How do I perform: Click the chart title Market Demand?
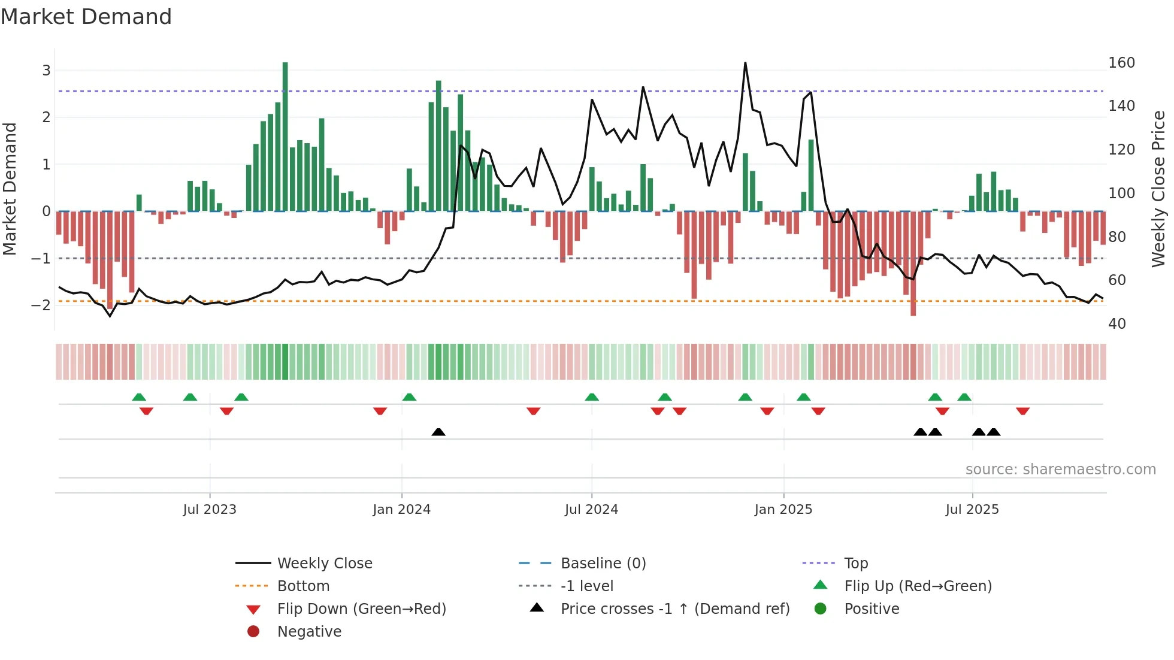tap(86, 17)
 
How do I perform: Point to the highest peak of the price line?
tap(745, 63)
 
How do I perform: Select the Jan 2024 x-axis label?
tap(401, 510)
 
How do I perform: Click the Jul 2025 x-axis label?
tap(972, 510)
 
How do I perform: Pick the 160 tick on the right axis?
tap(1121, 63)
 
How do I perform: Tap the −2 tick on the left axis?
tap(41, 305)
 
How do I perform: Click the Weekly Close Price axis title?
tap(1158, 189)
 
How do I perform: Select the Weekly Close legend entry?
tap(324, 564)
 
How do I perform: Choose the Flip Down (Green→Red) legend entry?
tap(361, 609)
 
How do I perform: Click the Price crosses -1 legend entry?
tap(674, 609)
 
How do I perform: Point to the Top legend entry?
tap(855, 564)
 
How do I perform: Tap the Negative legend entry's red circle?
tap(253, 632)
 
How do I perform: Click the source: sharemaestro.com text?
tap(1060, 470)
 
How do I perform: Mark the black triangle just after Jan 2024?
tap(438, 432)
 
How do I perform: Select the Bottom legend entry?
tap(303, 586)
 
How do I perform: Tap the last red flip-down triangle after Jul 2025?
tap(1022, 411)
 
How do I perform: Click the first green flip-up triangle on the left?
tap(139, 397)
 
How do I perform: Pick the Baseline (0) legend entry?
tap(603, 564)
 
